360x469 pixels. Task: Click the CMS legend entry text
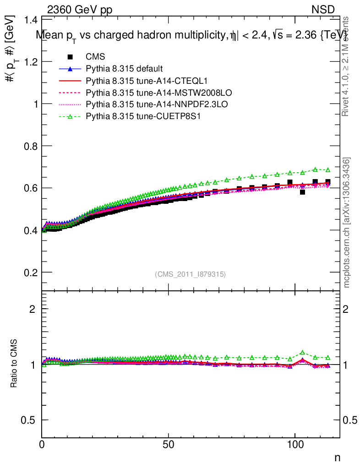tap(95, 57)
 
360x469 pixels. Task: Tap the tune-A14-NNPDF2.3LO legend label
tap(157, 105)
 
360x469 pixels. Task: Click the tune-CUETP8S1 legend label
tap(143, 117)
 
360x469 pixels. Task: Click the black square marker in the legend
tap(70, 57)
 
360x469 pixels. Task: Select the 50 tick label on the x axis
tap(169, 444)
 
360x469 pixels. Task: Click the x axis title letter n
tap(337, 458)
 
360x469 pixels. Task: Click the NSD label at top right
tap(323, 9)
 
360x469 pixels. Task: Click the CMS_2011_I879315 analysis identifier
tap(191, 274)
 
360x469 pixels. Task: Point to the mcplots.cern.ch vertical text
tap(347, 222)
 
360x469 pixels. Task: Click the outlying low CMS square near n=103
tap(302, 192)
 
